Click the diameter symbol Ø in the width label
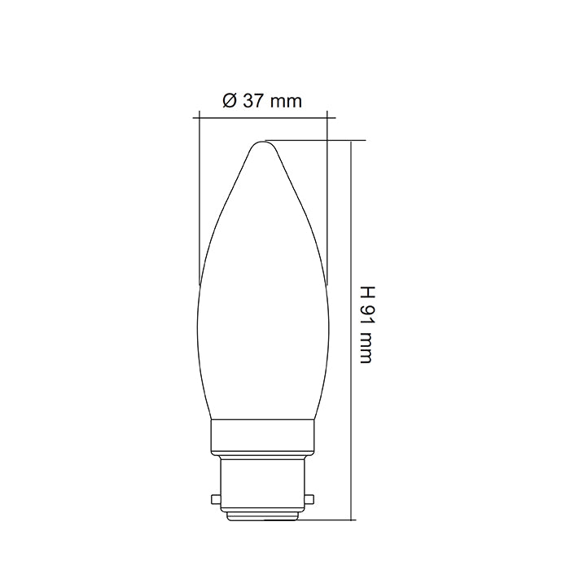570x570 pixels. pyautogui.click(x=229, y=102)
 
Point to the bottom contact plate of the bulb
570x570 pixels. pyautogui.click(x=262, y=515)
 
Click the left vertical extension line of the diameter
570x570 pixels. pyautogui.click(x=199, y=204)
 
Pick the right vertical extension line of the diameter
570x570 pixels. pyautogui.click(x=327, y=204)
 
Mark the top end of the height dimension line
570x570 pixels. pyautogui.click(x=351, y=141)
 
